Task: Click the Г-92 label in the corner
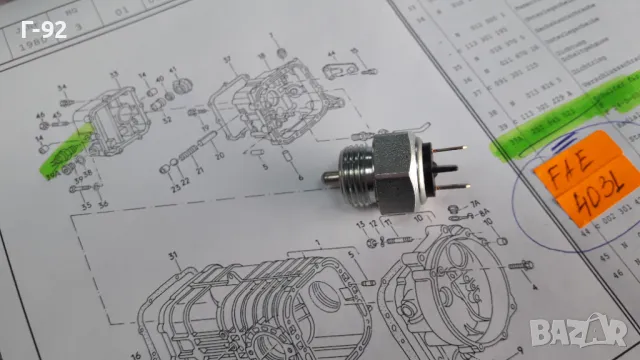click(43, 30)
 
